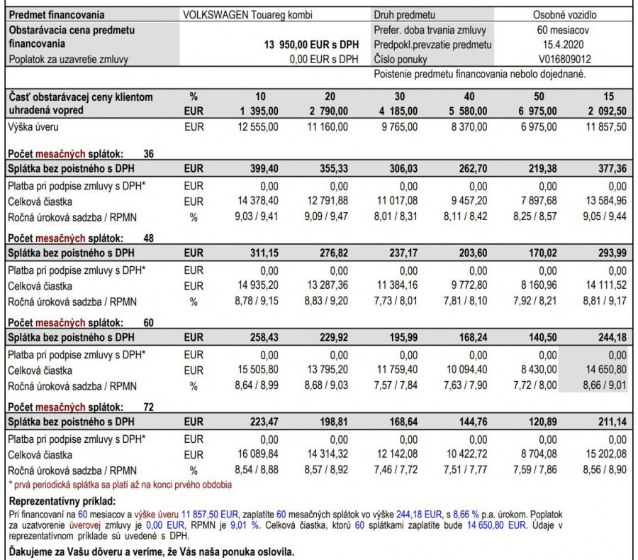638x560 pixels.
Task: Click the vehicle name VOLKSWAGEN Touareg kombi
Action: (237, 15)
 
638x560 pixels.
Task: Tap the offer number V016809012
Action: (565, 60)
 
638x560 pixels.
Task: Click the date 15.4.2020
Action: (565, 45)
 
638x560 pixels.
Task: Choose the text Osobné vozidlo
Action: (565, 15)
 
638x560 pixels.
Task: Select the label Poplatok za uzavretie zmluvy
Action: (68, 60)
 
